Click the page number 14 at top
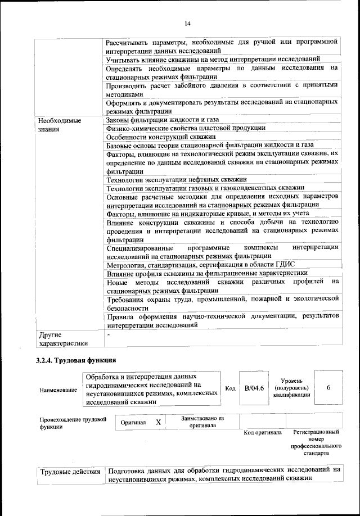click(x=187, y=23)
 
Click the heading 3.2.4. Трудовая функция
click(x=76, y=360)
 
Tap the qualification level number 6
click(x=328, y=388)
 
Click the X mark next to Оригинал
click(x=159, y=422)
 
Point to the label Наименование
click(x=58, y=390)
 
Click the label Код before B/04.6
click(x=229, y=388)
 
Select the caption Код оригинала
click(x=263, y=432)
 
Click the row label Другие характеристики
click(x=61, y=340)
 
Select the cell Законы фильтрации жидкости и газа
click(x=162, y=120)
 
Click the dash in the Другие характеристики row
click(x=109, y=335)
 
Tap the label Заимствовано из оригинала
click(x=203, y=422)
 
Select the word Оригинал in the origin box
click(x=134, y=422)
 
